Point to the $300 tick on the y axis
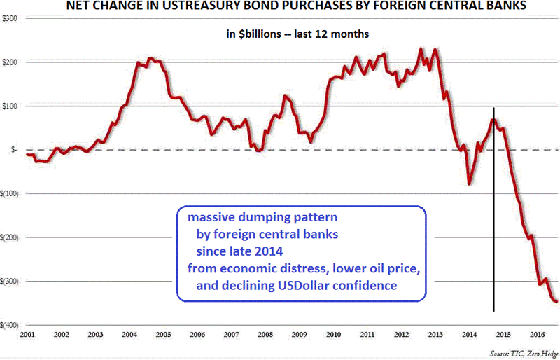10,18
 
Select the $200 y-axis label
10,62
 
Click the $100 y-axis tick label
10,106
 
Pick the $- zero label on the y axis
13,150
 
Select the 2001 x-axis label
27,335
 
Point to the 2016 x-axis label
537,335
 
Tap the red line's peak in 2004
150,59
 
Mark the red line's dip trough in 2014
469,184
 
